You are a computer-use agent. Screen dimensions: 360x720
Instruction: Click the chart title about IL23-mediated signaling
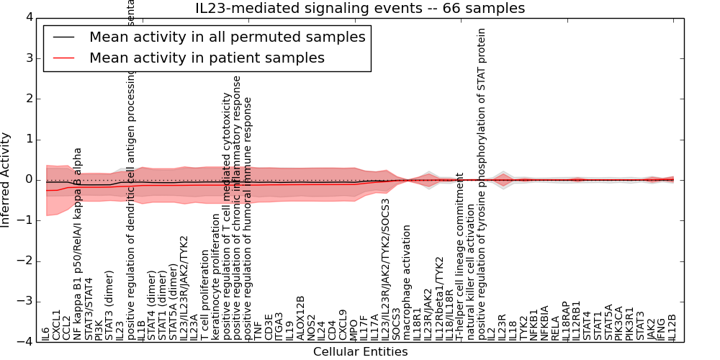tap(360, 9)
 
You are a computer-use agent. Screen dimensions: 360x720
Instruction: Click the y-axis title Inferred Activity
tap(6, 179)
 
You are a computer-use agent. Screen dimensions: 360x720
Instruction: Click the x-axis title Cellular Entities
tap(360, 352)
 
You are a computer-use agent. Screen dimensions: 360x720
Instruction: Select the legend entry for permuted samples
tap(227, 37)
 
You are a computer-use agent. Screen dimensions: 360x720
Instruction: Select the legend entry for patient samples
tap(207, 58)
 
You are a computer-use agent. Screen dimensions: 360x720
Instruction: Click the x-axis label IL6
tap(46, 334)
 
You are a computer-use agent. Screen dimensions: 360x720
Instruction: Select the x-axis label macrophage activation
tap(407, 282)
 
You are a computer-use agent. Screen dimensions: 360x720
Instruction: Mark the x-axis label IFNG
tap(662, 330)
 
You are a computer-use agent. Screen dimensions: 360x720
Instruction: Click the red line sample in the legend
tap(62, 58)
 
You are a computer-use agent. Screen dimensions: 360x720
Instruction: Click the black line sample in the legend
tap(62, 37)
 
